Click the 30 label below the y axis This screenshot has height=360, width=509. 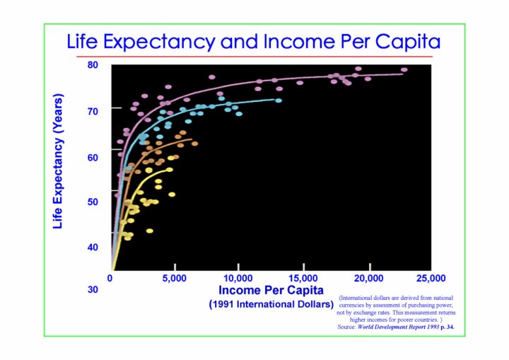93,289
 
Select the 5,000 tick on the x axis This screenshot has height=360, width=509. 175,277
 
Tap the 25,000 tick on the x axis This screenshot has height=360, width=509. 430,277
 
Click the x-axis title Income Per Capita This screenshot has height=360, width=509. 271,290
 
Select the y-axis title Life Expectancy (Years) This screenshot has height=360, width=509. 59,161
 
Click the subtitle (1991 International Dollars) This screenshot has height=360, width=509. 271,305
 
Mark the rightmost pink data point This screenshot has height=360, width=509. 404,70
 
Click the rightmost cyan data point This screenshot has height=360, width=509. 279,100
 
